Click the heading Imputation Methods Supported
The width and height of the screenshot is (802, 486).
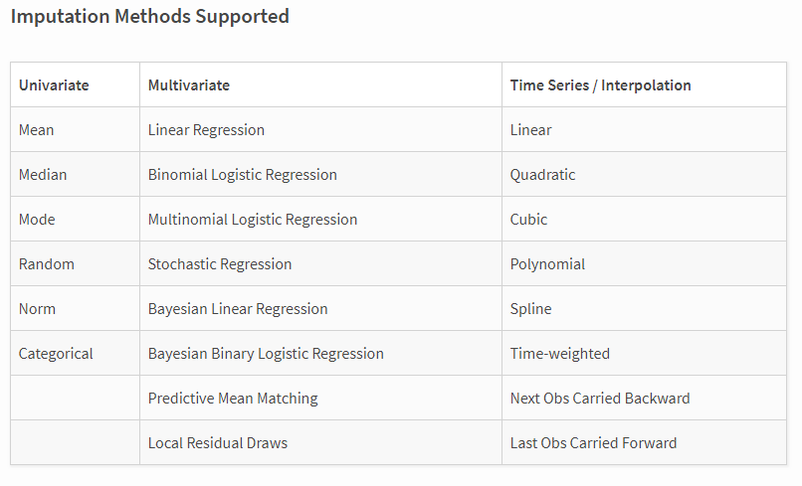point(149,17)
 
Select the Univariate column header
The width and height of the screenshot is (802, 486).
point(54,85)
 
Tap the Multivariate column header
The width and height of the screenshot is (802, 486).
point(189,85)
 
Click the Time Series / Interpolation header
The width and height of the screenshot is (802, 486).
point(600,85)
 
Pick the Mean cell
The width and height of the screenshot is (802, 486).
point(37,130)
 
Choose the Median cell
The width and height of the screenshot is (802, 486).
point(43,175)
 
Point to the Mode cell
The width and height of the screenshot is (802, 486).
point(37,220)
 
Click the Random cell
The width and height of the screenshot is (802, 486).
point(47,264)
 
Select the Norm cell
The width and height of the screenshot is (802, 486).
point(37,309)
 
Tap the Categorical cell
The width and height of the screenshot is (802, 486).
point(56,354)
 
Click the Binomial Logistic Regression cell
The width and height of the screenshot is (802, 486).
point(243,175)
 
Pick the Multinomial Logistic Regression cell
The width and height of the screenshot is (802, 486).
point(253,220)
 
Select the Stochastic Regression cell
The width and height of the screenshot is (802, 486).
point(220,264)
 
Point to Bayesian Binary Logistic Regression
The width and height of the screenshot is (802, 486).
point(266,354)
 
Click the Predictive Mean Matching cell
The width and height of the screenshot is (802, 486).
point(233,399)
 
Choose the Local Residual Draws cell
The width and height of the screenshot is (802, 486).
point(218,443)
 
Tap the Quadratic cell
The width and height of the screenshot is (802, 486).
point(542,175)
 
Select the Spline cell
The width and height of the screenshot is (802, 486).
point(530,309)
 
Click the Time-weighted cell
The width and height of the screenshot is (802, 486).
point(560,354)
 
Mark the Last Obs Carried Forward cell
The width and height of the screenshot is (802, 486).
point(593,443)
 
